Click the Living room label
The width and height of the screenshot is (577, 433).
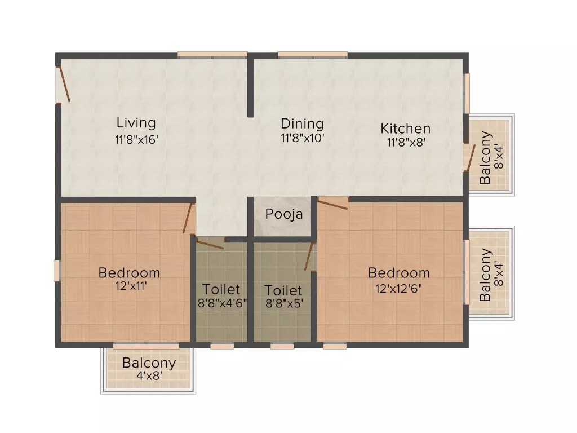point(136,122)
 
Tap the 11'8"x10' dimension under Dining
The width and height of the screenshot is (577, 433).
point(302,138)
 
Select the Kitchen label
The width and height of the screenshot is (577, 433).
point(405,129)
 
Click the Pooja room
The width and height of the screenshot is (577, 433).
point(283,214)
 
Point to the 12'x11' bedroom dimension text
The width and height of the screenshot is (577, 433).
point(129,286)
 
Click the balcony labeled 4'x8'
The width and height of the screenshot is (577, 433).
point(149,369)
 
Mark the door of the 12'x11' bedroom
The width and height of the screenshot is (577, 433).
point(188,218)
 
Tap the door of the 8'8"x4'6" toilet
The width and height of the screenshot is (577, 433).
point(210,244)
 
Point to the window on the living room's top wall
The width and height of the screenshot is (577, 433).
point(212,55)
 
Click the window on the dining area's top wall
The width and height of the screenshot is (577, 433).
point(312,55)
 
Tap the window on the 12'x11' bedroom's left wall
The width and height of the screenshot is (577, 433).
point(57,270)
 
